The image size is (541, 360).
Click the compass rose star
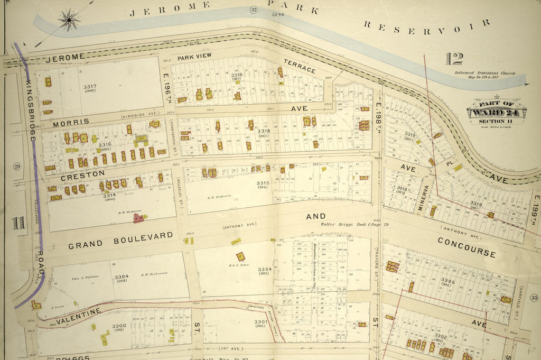click(x=69, y=21)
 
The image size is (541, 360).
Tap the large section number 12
click(x=454, y=59)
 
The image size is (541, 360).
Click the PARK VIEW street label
click(x=194, y=56)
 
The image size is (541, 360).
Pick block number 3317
click(x=90, y=87)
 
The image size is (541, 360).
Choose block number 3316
click(x=104, y=144)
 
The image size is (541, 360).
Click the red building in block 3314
click(x=138, y=218)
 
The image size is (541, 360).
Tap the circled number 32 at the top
click(x=254, y=10)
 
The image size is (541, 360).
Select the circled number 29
click(x=17, y=167)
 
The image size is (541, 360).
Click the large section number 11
click(x=19, y=223)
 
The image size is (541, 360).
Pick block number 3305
click(x=447, y=281)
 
